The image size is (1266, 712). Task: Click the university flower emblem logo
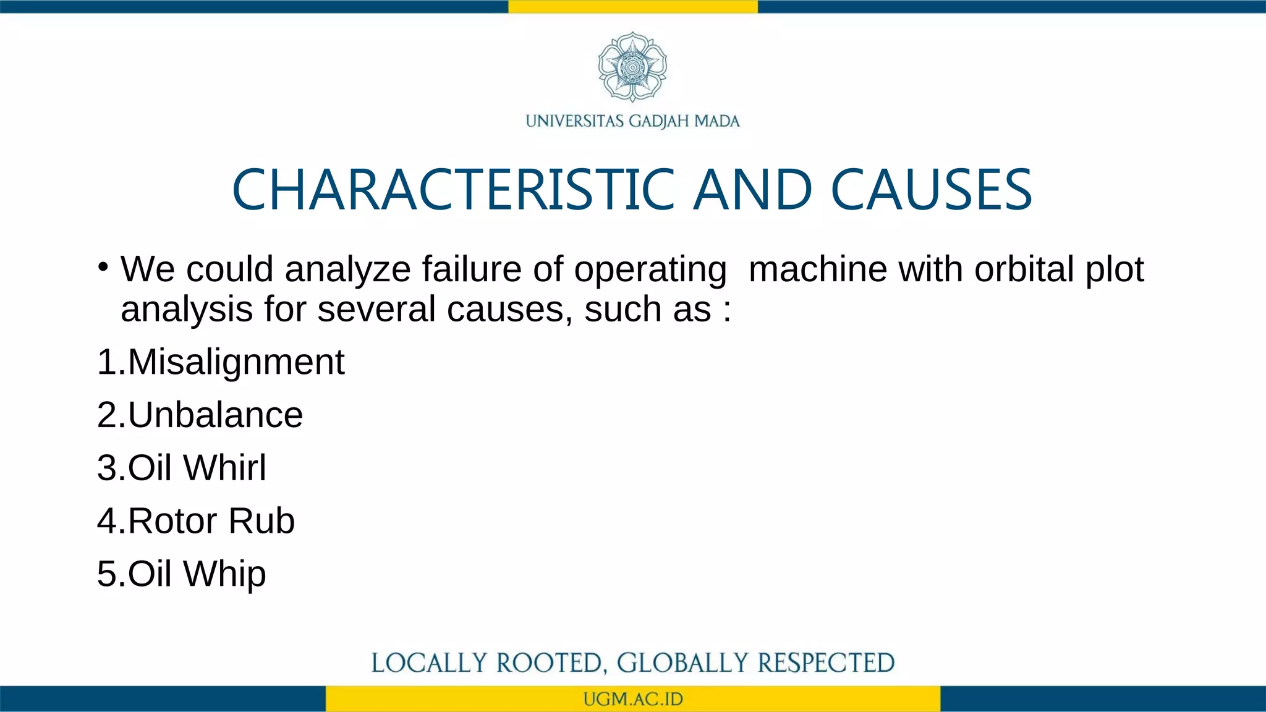pos(632,67)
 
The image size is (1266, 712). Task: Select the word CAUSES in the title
pos(931,190)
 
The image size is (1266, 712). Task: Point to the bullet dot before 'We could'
pos(103,267)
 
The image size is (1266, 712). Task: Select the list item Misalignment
pos(236,362)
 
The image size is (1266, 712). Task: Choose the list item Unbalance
pos(215,415)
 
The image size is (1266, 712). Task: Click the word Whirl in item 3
pos(225,468)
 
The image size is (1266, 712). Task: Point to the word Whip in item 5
pos(225,574)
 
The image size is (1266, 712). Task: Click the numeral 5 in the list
pos(106,574)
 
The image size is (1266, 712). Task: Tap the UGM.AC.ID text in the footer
pos(633,700)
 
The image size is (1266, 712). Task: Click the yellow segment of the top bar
pos(633,6)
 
